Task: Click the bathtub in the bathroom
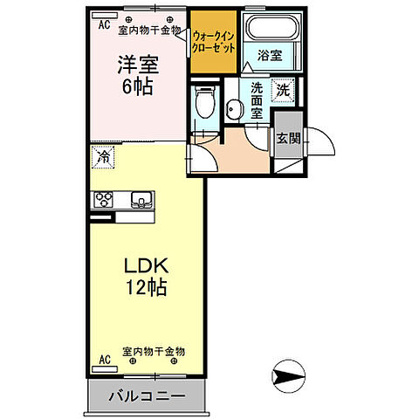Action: (x=270, y=31)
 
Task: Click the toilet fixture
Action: (x=205, y=104)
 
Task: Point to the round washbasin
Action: (x=233, y=108)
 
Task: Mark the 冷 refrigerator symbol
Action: (x=103, y=158)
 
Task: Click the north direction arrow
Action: (x=288, y=378)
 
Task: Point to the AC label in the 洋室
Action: (x=104, y=26)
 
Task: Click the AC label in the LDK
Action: (x=104, y=359)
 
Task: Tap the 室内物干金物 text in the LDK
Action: (x=154, y=352)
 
